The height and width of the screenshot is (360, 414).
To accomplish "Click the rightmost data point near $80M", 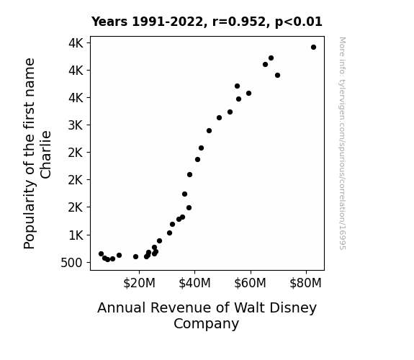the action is tap(313, 48).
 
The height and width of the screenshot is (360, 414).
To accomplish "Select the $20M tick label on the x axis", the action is tap(139, 283).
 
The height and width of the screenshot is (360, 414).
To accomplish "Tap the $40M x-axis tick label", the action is tap(194, 283).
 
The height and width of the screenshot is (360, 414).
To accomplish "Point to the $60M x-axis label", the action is tap(250, 283).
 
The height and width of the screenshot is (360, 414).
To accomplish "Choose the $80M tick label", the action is tap(306, 283).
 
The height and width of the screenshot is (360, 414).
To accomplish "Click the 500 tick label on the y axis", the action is tap(71, 263).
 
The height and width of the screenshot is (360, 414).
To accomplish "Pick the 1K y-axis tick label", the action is tap(76, 235).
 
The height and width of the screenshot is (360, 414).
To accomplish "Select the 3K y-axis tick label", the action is tap(76, 125).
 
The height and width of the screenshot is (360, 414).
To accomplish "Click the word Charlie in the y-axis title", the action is tap(45, 155).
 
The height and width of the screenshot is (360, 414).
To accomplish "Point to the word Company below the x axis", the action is tap(206, 323).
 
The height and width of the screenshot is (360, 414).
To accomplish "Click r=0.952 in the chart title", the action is tap(239, 22).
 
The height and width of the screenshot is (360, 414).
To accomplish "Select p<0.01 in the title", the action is tap(299, 22).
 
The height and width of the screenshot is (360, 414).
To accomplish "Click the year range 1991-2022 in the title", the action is tap(167, 22).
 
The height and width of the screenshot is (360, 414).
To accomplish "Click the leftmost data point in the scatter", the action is tap(101, 254).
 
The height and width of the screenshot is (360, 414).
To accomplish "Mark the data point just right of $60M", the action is tap(266, 65).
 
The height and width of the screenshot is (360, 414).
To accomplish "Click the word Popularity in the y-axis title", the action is tap(30, 215).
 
